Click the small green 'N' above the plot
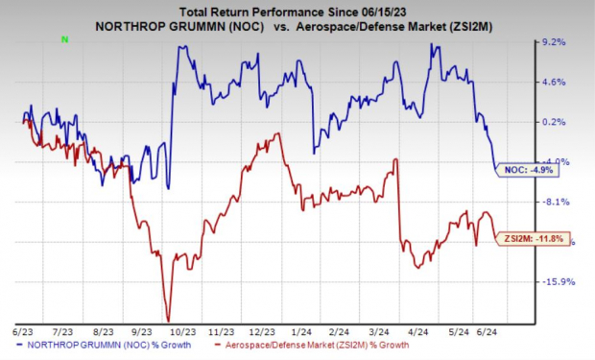point(64,39)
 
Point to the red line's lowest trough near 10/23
point(168,320)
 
